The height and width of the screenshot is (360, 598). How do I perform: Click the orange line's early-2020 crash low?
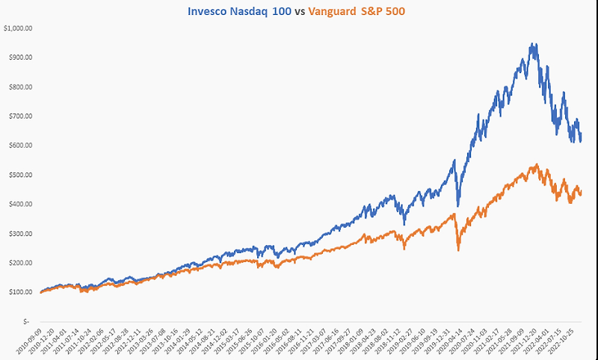pyautogui.click(x=458, y=249)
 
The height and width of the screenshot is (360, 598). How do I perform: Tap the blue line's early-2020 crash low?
pyautogui.click(x=458, y=205)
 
